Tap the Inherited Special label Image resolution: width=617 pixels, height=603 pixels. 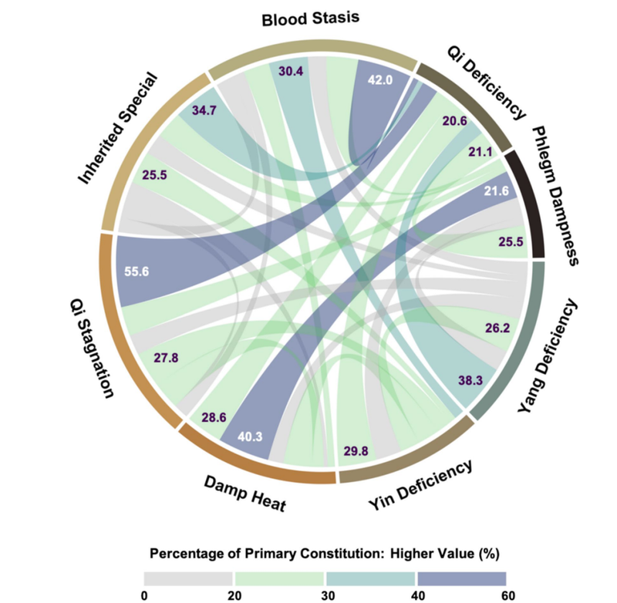[119, 129]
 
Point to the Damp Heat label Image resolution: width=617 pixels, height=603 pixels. [245, 494]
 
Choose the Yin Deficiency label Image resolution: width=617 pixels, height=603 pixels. [420, 487]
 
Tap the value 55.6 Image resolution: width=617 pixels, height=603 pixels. [137, 271]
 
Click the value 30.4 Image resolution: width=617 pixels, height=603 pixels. [291, 71]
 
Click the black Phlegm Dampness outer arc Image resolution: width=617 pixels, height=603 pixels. [531, 204]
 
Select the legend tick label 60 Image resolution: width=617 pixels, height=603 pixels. [507, 595]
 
